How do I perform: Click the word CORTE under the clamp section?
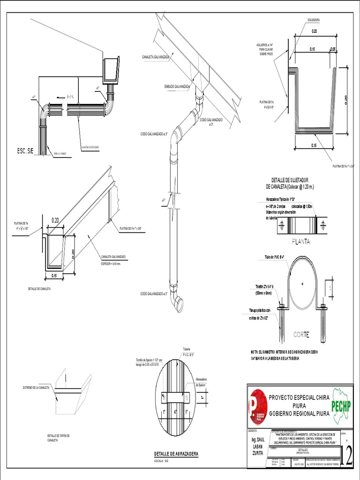pyautogui.click(x=301, y=335)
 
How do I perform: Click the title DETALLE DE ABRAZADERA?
pyautogui.click(x=176, y=454)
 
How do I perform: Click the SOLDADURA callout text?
pyautogui.click(x=314, y=20)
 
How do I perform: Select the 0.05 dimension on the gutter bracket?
pyautogui.click(x=333, y=49)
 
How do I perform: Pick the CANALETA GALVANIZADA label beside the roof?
pyautogui.click(x=156, y=57)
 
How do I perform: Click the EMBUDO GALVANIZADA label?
pyautogui.click(x=177, y=87)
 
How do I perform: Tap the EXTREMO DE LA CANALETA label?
pyautogui.click(x=37, y=388)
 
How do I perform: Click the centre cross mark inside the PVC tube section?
pyautogui.click(x=303, y=283)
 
